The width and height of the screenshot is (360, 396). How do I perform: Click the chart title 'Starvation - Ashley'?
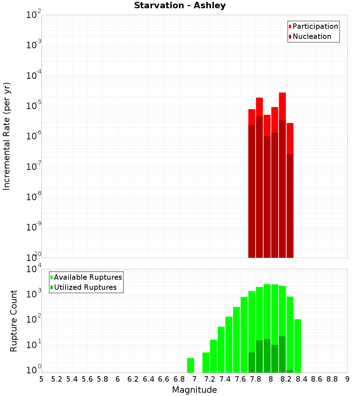180,6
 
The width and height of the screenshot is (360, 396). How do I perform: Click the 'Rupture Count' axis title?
14,321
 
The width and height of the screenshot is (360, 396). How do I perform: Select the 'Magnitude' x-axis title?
194,390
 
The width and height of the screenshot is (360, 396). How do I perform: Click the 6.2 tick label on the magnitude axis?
133,379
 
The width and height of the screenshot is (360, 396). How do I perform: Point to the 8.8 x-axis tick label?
332,379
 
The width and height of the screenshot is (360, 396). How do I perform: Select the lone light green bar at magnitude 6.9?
191,365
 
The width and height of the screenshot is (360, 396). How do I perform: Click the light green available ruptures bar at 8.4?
298,346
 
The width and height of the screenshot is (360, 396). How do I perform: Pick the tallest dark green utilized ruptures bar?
282,354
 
